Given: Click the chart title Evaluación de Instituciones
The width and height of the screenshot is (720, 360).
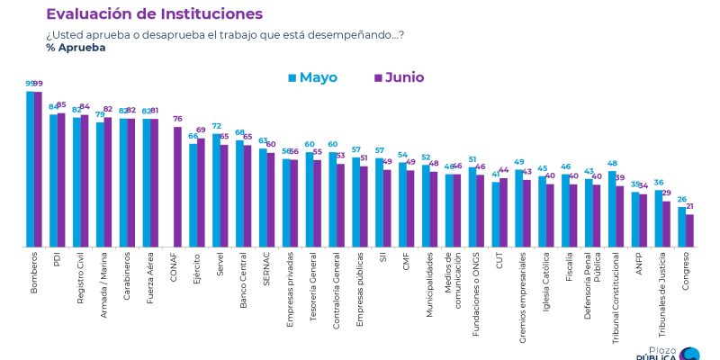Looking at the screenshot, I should (154, 14).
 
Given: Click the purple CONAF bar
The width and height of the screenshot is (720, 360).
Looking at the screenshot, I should (177, 186).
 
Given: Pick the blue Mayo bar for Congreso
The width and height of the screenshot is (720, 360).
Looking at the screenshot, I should (682, 226).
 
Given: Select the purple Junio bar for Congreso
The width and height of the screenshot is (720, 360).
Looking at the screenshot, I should (690, 229).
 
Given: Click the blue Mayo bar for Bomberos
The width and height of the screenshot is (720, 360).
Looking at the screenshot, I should (30, 168).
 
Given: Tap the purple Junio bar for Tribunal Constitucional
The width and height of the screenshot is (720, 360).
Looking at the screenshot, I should (620, 216).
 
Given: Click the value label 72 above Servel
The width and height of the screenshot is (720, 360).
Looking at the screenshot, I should (216, 127).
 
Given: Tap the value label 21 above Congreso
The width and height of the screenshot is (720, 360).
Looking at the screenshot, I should (690, 207).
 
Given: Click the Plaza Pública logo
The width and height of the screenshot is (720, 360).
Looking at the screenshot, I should (665, 352).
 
